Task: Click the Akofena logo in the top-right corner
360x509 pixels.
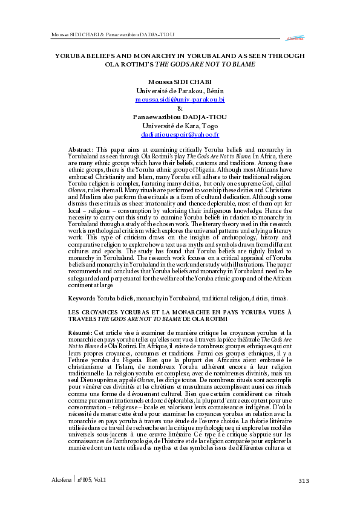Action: (295, 38)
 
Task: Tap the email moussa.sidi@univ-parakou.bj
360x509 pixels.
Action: (180, 99)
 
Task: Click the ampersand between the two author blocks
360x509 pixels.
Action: (180, 108)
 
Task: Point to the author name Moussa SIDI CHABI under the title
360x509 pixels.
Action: (180, 81)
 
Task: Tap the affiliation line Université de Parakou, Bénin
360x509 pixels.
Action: (180, 90)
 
